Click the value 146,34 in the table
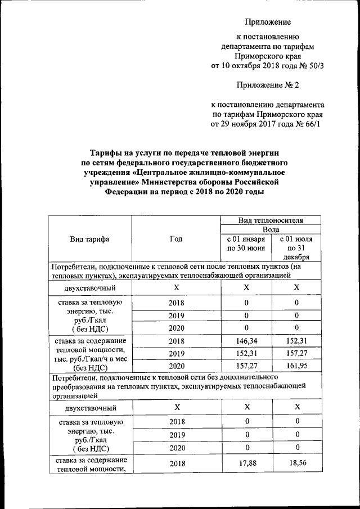pyautogui.click(x=246, y=341)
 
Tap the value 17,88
pyautogui.click(x=246, y=463)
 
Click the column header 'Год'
pyautogui.click(x=175, y=238)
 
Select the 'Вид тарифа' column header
pyautogui.click(x=90, y=238)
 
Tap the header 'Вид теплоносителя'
pyautogui.click(x=271, y=220)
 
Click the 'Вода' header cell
pyautogui.click(x=271, y=229)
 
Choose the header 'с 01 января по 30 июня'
pyautogui.click(x=246, y=243)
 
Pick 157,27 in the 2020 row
pyautogui.click(x=246, y=364)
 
